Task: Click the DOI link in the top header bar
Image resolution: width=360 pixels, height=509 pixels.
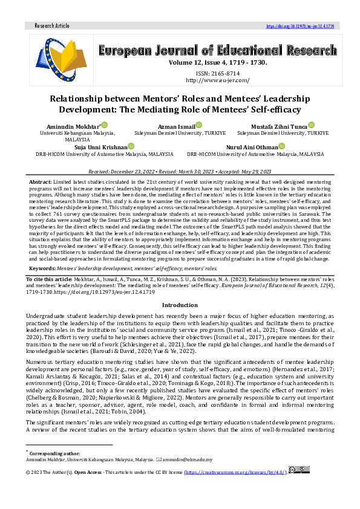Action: (x=300, y=26)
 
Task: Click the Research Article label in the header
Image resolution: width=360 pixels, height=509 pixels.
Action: (x=53, y=26)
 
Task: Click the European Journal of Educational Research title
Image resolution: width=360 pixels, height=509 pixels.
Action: (x=217, y=50)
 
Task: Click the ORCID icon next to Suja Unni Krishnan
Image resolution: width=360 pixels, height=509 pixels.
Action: (x=131, y=146)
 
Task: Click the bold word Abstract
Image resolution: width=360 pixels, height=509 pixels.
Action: (x=41, y=182)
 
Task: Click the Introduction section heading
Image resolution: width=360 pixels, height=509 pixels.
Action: (x=180, y=305)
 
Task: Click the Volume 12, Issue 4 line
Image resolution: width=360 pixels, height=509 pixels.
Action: (x=217, y=62)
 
